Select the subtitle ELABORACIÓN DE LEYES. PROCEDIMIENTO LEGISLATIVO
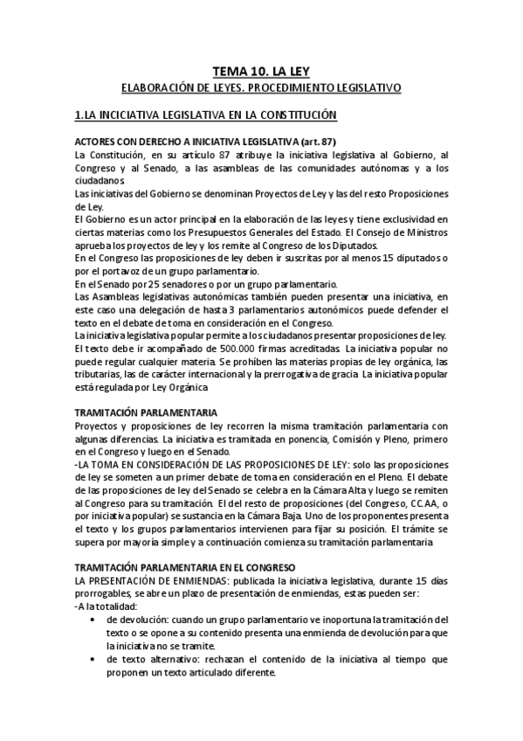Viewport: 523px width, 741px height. [261, 88]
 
